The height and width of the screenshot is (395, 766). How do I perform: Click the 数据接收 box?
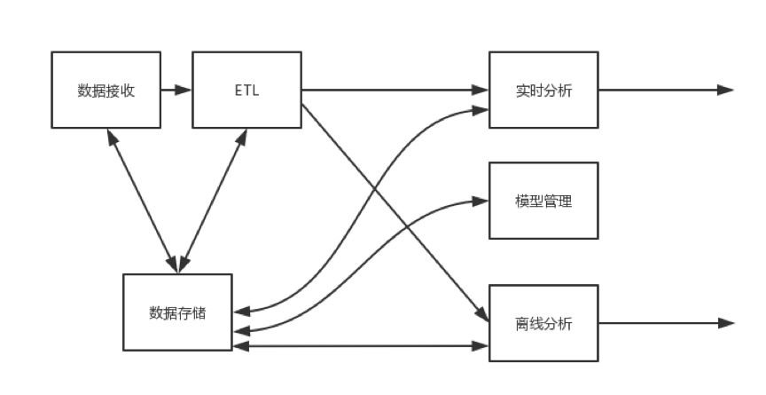[106, 90]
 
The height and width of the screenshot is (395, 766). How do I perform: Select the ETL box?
[246, 90]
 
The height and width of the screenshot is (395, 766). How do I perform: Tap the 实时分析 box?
[543, 90]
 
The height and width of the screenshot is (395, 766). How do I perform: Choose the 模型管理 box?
[543, 201]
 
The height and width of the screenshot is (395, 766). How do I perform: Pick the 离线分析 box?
[543, 323]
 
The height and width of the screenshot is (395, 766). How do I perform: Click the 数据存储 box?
[177, 312]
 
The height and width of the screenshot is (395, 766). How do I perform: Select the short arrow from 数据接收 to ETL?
[176, 90]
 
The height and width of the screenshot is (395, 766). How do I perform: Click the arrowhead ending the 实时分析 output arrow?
[725, 90]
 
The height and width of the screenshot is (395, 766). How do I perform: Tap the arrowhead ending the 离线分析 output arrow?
[725, 323]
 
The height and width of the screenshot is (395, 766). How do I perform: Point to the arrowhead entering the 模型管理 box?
[481, 201]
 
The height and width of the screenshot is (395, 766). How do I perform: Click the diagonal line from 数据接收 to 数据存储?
[142, 200]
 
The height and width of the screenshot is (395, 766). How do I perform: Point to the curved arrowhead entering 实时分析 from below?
[481, 110]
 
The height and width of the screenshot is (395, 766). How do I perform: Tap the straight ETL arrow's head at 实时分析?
[481, 90]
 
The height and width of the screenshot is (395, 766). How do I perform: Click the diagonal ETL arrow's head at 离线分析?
[482, 316]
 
